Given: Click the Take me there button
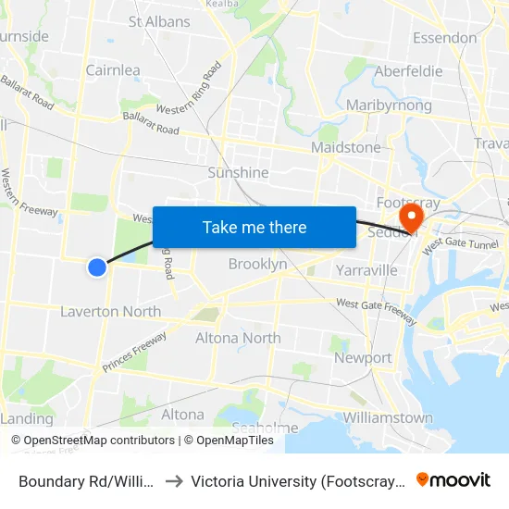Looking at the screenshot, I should [254, 227].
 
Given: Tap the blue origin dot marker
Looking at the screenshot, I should [97, 267].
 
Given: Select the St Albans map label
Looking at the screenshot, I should [159, 21].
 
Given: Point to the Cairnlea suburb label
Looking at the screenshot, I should [113, 70].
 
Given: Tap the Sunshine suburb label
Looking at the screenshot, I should [238, 172].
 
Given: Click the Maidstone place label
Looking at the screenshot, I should [346, 147].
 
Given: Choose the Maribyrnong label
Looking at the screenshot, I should [389, 106].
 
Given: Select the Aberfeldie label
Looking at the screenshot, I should [409, 71].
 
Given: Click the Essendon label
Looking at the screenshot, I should [445, 38].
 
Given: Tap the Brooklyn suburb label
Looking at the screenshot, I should [257, 265].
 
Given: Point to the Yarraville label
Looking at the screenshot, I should [366, 270].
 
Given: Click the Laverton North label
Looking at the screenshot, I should [110, 311].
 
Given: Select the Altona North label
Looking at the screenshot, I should [238, 338].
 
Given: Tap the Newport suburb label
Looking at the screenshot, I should [363, 358].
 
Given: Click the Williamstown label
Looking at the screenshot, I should [388, 417].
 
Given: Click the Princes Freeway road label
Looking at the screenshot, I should [135, 353].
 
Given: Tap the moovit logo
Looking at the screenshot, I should [453, 479].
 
